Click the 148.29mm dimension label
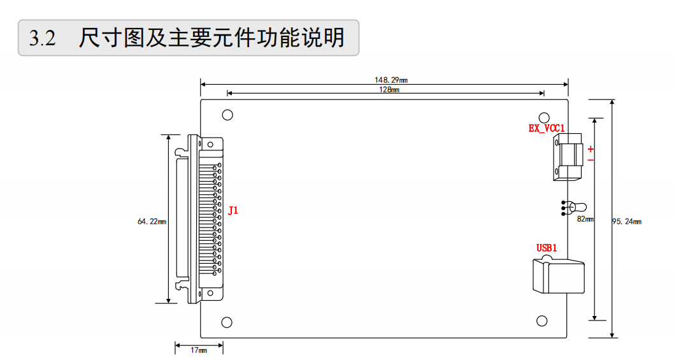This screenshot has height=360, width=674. (391, 80)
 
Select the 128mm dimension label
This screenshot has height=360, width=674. (389, 90)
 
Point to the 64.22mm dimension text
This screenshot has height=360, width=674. (152, 221)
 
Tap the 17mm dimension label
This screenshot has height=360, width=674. (199, 350)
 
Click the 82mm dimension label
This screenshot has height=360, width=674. (585, 219)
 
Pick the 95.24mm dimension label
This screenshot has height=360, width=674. (627, 221)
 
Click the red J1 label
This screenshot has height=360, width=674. (233, 210)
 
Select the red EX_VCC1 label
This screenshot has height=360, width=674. (547, 128)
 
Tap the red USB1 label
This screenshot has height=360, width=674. (547, 248)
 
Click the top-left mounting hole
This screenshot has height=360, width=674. (227, 115)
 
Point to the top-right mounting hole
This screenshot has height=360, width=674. (544, 117)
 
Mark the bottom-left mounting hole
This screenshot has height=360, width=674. (227, 322)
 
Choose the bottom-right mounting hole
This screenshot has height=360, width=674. (542, 320)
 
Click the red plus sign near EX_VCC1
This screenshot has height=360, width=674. (591, 149)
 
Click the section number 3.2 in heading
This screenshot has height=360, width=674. (43, 39)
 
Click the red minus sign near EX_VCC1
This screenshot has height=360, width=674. (591, 159)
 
